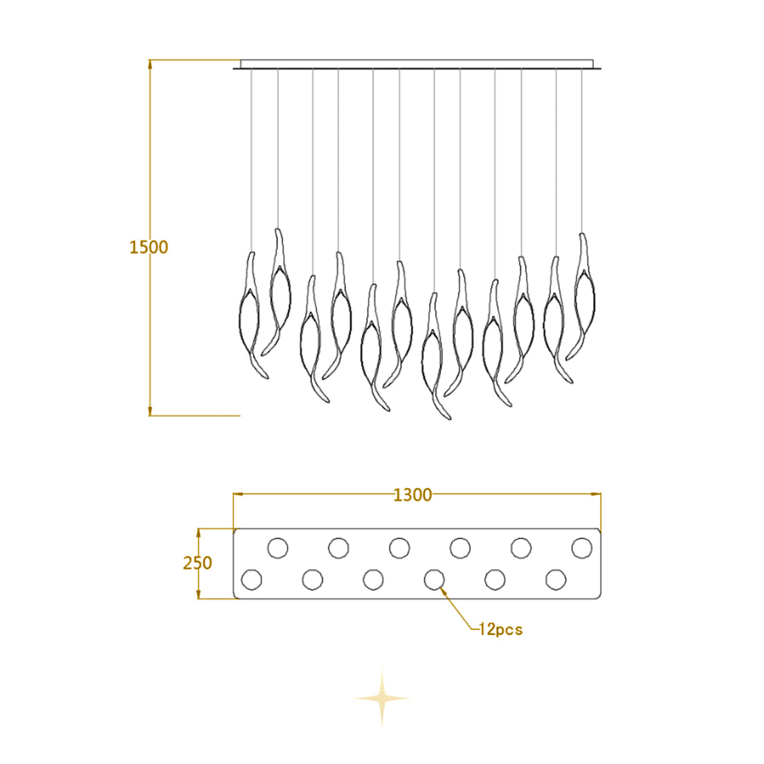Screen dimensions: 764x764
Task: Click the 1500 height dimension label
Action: [149, 247]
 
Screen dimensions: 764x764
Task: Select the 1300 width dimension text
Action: [412, 495]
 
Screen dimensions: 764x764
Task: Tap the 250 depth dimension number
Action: [197, 563]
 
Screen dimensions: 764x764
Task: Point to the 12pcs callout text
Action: [500, 629]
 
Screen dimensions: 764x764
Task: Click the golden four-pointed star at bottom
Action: [382, 699]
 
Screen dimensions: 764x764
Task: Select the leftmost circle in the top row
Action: [278, 547]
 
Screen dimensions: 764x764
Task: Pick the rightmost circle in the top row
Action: [582, 547]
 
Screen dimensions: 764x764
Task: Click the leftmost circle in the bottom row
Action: [251, 579]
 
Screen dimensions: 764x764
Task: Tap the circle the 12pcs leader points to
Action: [434, 579]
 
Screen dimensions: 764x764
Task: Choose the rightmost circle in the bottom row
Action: [556, 579]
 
